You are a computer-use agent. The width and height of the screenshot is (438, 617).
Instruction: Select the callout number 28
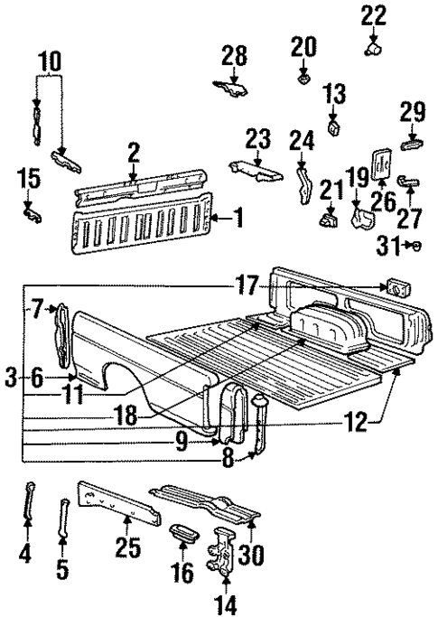point(234,56)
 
